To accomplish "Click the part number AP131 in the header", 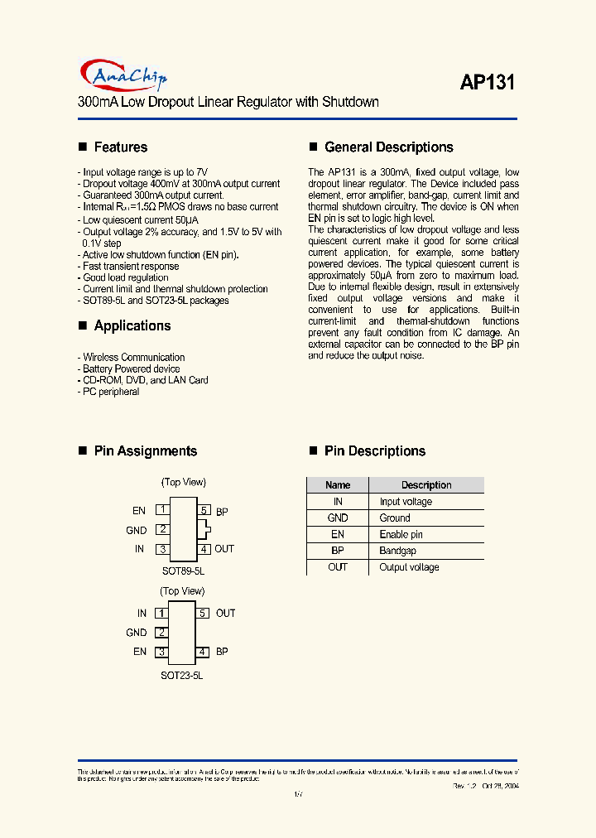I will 487,83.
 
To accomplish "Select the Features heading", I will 120,147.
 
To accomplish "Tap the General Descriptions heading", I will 388,147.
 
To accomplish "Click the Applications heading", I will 132,326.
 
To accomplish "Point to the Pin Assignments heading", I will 145,451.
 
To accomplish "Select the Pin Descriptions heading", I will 374,451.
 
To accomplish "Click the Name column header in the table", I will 338,485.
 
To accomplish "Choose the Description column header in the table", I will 426,485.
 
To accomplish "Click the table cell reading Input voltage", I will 406,502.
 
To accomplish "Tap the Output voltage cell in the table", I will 409,567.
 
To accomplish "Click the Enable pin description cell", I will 401,535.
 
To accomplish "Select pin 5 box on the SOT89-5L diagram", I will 204,511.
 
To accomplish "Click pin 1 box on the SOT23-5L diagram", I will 162,614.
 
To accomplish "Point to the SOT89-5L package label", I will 183,571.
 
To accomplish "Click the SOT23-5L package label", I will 181,676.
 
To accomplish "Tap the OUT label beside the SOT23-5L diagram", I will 226,614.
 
